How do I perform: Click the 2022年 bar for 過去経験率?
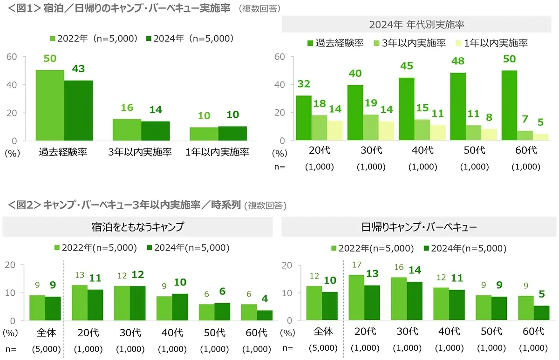[x=50, y=105]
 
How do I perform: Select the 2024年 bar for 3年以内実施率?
[x=156, y=131]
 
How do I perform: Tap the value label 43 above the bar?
[x=78, y=68]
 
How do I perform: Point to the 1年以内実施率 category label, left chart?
[x=218, y=152]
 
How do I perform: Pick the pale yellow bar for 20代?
[x=335, y=130]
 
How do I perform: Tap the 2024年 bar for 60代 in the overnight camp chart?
[x=265, y=315]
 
